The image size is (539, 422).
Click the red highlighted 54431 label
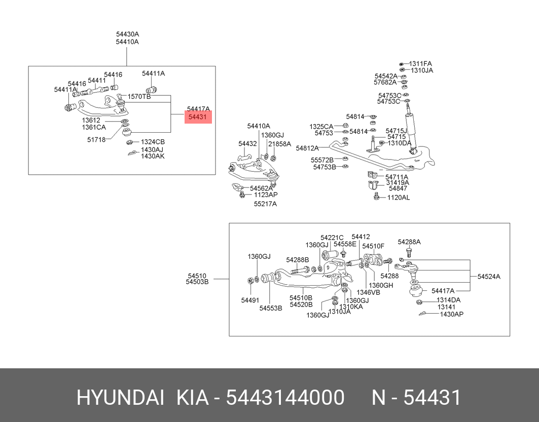point(198,117)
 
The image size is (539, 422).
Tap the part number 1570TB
point(139,96)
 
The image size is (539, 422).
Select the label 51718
point(96,139)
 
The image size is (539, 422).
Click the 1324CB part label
point(153,142)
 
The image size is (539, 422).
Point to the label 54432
point(247,143)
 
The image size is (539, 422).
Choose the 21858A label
point(279,144)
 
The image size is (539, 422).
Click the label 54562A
point(261,188)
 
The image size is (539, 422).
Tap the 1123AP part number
point(266,195)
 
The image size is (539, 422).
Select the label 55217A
point(265,204)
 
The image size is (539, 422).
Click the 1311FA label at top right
point(420,63)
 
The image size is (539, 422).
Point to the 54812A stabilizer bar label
point(307,148)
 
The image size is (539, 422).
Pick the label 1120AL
point(399,198)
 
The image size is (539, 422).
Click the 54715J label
point(396,131)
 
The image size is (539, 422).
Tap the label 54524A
point(489,277)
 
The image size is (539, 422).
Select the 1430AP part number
point(452,314)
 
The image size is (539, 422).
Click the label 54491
point(250,300)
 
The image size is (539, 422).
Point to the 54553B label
point(271,308)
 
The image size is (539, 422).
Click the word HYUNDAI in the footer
point(120,398)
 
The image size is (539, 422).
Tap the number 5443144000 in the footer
point(285,398)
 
